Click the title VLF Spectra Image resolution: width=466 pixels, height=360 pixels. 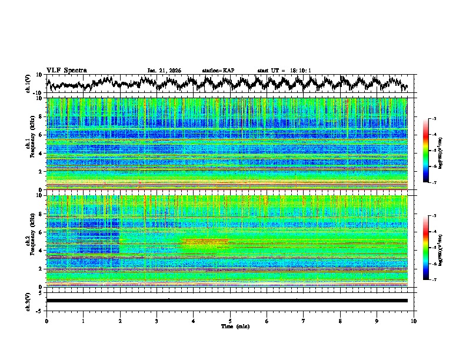(66, 71)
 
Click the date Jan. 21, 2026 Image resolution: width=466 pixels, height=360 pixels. (164, 71)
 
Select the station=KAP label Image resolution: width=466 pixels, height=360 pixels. (218, 71)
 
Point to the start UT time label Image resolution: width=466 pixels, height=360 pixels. (284, 71)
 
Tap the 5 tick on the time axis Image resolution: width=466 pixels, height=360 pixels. (230, 321)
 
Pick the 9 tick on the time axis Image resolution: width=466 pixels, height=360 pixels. (377, 321)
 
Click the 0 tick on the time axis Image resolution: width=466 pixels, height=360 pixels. (46, 321)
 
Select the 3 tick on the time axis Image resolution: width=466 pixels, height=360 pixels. (157, 321)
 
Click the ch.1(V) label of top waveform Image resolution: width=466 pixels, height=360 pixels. (28, 84)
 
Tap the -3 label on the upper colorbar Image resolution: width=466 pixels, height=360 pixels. (433, 118)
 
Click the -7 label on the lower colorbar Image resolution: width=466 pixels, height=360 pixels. (433, 280)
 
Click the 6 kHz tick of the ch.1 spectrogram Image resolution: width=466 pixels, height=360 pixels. (40, 135)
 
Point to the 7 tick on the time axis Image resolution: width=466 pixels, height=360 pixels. (304, 321)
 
